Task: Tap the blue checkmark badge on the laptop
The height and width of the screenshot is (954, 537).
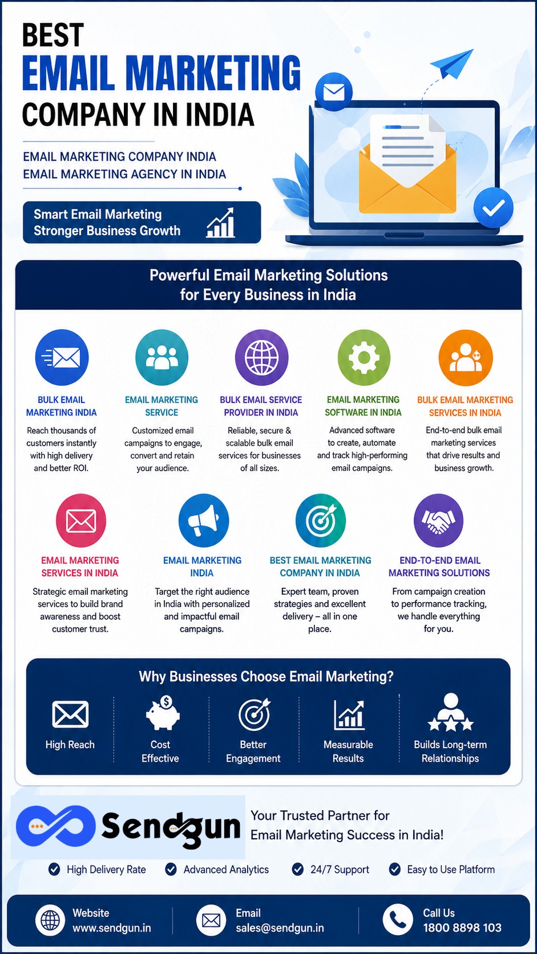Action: click(x=493, y=208)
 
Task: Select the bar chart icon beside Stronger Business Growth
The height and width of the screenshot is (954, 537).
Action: click(x=221, y=223)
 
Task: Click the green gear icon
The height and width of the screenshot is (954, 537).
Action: click(x=364, y=357)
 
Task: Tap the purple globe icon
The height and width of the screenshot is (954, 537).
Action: click(x=261, y=357)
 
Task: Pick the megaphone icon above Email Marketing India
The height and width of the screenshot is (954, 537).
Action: click(x=204, y=520)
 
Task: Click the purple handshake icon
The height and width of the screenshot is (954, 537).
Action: click(x=438, y=520)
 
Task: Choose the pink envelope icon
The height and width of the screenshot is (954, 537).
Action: click(x=81, y=520)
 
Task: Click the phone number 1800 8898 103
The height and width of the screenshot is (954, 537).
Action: click(x=462, y=928)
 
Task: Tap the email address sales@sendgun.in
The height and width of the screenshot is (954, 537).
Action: click(x=280, y=928)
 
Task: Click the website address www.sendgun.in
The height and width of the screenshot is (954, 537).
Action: click(x=112, y=928)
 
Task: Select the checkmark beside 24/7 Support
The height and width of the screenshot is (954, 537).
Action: click(x=297, y=869)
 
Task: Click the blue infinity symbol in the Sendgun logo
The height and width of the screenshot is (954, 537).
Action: click(x=55, y=826)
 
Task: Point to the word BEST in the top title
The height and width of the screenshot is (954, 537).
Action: click(x=53, y=35)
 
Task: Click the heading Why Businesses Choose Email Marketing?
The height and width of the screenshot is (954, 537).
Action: click(x=266, y=676)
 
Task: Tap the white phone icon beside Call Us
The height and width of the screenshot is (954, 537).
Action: click(x=397, y=919)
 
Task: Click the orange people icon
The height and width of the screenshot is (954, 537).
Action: click(x=466, y=357)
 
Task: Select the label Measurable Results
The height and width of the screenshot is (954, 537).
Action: click(x=348, y=751)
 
